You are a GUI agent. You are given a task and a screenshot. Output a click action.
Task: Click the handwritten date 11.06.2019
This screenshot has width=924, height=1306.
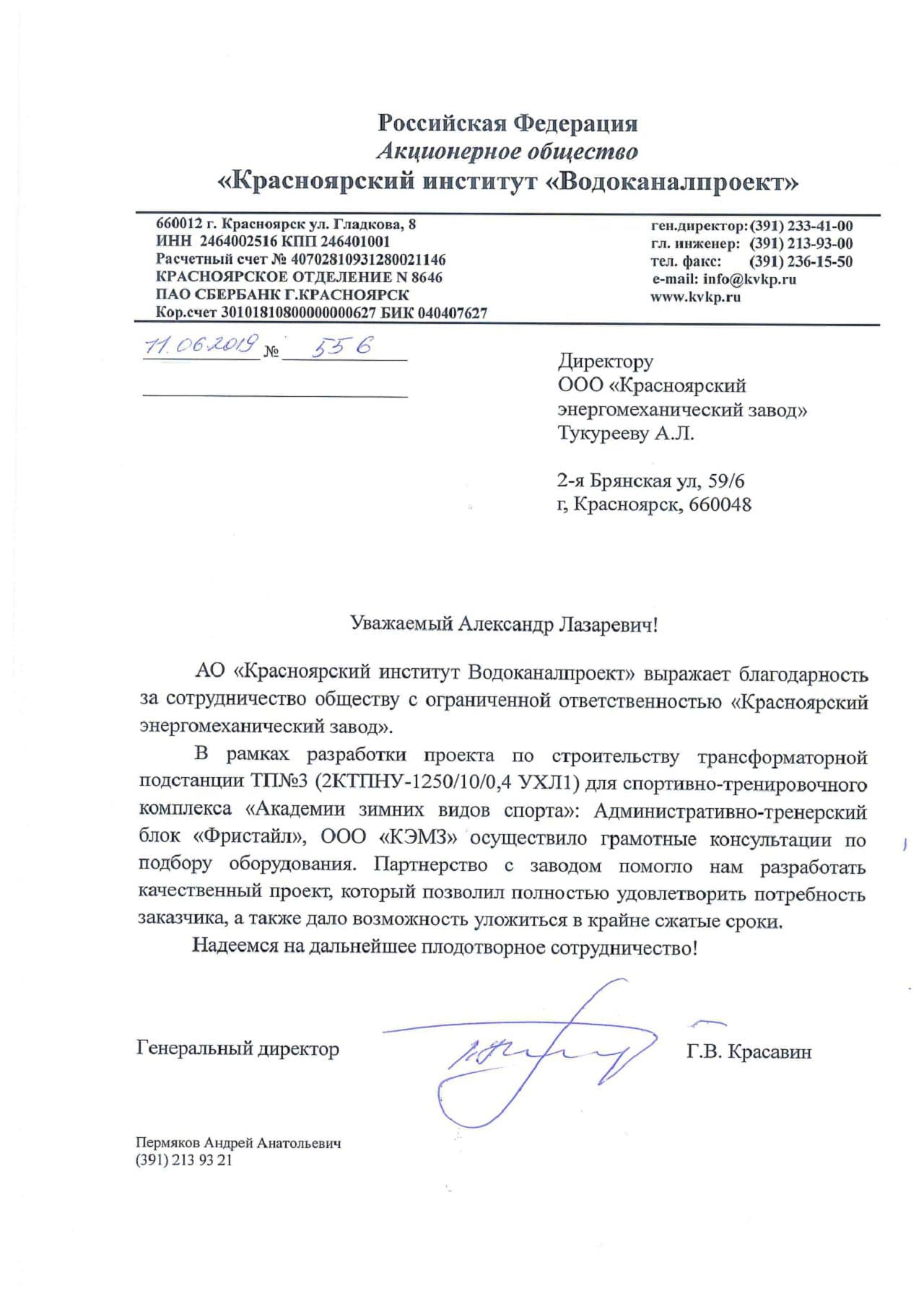201,346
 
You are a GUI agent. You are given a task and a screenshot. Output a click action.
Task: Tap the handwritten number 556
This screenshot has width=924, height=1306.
343,347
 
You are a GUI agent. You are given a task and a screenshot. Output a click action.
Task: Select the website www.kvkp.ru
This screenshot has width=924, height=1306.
695,297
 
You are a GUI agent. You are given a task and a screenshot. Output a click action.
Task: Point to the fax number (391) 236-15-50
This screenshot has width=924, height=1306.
801,261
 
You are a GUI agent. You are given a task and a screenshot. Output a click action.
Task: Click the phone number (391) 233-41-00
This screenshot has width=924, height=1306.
801,226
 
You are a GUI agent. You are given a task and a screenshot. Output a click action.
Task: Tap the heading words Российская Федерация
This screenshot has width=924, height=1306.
507,123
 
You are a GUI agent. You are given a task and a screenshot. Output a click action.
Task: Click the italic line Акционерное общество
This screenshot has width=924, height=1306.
507,152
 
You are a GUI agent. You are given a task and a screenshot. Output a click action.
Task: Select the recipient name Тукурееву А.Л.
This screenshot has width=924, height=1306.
625,434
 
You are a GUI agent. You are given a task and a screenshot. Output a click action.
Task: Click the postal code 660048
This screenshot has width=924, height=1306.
720,504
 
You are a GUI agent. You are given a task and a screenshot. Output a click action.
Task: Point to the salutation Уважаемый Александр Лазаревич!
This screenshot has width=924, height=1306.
504,623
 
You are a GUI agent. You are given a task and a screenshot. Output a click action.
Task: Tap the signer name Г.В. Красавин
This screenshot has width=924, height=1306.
749,1051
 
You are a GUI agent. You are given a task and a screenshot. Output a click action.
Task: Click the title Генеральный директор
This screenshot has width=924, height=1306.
237,1048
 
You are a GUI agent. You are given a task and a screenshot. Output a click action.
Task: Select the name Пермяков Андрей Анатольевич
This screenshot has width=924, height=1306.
238,1143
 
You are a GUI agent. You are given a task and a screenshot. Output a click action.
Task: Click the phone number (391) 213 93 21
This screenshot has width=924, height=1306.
184,1160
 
